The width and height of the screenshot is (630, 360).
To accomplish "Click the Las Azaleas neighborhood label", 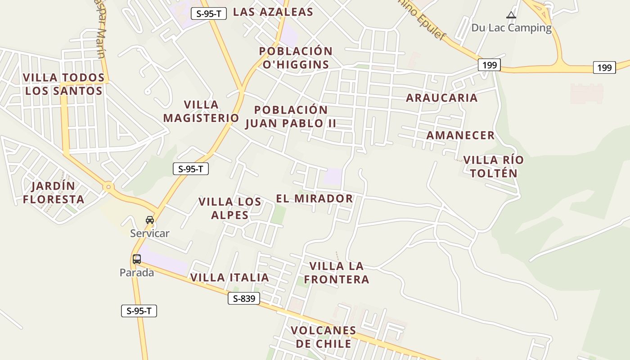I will tap(273, 12).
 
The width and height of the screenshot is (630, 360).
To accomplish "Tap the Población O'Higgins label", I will tap(296, 58).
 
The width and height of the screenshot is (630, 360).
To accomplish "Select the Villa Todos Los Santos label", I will tap(63, 84).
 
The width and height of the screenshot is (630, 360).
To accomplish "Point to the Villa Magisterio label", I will tap(201, 111).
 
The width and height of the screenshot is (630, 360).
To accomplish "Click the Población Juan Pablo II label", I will tap(291, 117).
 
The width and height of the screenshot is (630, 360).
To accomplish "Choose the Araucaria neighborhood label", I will tap(441, 98).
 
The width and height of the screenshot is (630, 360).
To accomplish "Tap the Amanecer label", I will tap(460, 135).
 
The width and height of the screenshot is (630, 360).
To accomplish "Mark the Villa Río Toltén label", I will tap(493, 166).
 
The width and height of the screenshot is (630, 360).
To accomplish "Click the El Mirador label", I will tap(314, 198).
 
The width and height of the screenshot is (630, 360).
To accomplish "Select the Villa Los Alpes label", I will tap(230, 208).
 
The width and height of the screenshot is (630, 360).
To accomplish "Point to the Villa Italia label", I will tap(229, 278).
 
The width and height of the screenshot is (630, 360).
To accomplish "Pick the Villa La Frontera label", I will tap(336, 273).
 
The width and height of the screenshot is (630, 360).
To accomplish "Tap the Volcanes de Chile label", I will tap(323, 337).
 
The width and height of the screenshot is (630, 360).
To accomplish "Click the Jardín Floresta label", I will tap(54, 193).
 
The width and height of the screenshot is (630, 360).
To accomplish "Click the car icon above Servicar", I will tap(150, 220).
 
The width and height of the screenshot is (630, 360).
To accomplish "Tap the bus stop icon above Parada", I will tap(137, 259).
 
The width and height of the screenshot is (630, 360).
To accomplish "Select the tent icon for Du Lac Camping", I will tap(511, 15).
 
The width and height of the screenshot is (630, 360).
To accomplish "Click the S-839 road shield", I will tap(243, 298).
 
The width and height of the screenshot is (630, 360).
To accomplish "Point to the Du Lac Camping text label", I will tap(511, 28).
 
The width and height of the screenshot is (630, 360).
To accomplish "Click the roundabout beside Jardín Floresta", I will tap(108, 186).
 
